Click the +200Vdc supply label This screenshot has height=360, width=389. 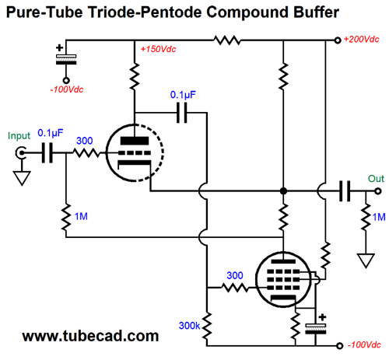coord(361,40)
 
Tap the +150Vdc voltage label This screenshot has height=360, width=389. coord(158,49)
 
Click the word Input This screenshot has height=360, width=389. coord(19,135)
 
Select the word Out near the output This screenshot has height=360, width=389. coord(376,179)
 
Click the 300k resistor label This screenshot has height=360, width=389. coord(189,326)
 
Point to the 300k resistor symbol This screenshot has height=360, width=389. coord(207,326)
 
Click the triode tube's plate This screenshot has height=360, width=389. coord(135,141)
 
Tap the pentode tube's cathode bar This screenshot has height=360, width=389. coord(283,298)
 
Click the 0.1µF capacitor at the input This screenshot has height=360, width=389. coord(47,153)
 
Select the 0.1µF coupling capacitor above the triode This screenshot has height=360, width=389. coord(181,113)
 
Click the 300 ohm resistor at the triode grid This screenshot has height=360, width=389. coord(86,153)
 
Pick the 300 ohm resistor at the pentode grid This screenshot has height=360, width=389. coord(235,288)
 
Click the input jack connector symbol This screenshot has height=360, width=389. coord(20,153)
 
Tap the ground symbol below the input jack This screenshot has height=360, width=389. coord(22,178)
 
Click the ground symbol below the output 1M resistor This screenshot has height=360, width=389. coord(366,260)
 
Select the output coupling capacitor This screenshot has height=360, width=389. coord(345,191)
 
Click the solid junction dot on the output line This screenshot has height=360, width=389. coord(283,191)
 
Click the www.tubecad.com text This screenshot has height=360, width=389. coord(90,336)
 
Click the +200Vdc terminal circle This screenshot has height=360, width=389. coord(338,40)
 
